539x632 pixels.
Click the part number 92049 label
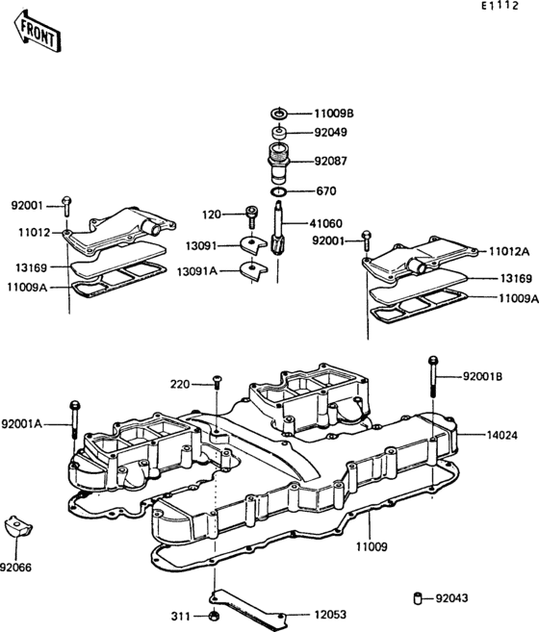(329, 134)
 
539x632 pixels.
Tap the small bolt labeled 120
(251, 214)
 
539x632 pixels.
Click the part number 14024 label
(500, 435)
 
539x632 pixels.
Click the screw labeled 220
(218, 384)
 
